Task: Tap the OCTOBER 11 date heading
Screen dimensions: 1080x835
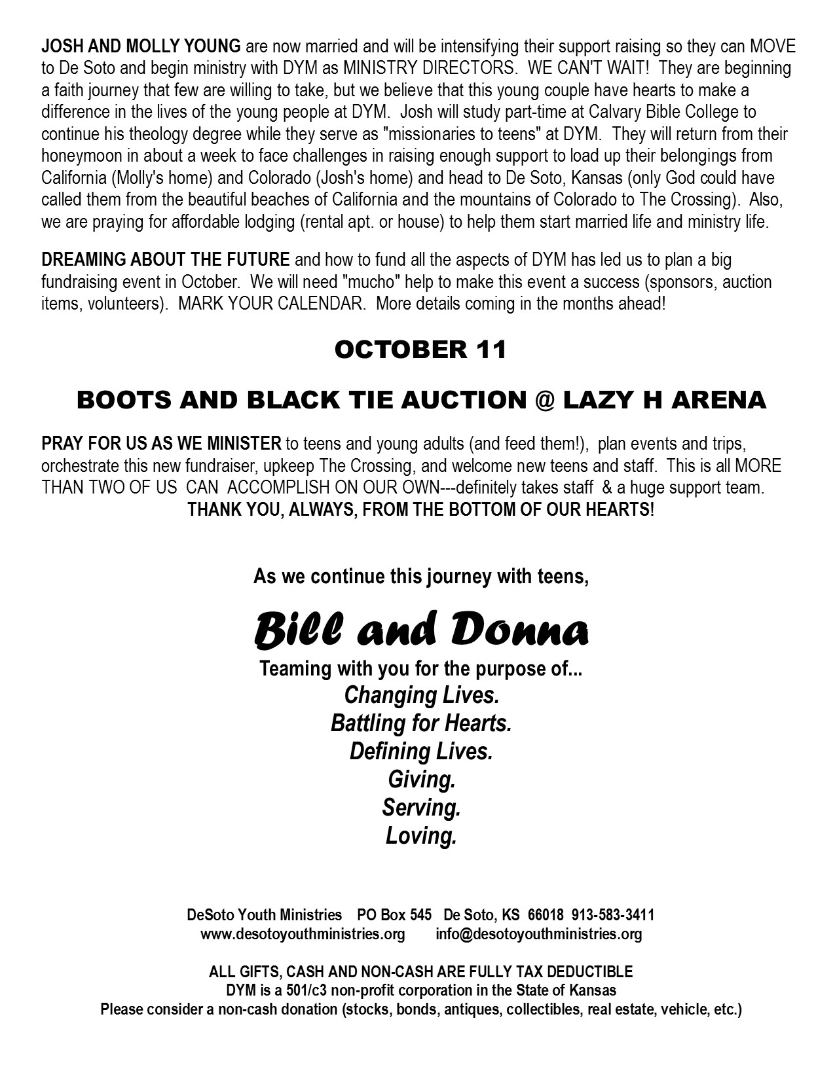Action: point(420,350)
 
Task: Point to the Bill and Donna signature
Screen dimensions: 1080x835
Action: point(420,632)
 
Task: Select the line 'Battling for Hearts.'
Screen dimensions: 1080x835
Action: point(420,723)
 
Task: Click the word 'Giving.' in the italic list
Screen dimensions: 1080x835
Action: point(421,780)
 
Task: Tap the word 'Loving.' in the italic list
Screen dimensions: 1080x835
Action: point(420,836)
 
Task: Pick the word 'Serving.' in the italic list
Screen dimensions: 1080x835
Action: point(421,808)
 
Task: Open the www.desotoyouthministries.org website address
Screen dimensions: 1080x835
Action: point(303,934)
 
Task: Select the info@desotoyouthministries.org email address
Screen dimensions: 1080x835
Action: point(538,934)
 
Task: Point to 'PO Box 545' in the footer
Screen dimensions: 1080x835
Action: point(394,915)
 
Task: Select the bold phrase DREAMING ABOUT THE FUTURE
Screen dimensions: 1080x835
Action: point(165,260)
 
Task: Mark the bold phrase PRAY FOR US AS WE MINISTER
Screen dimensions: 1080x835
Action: point(161,444)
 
